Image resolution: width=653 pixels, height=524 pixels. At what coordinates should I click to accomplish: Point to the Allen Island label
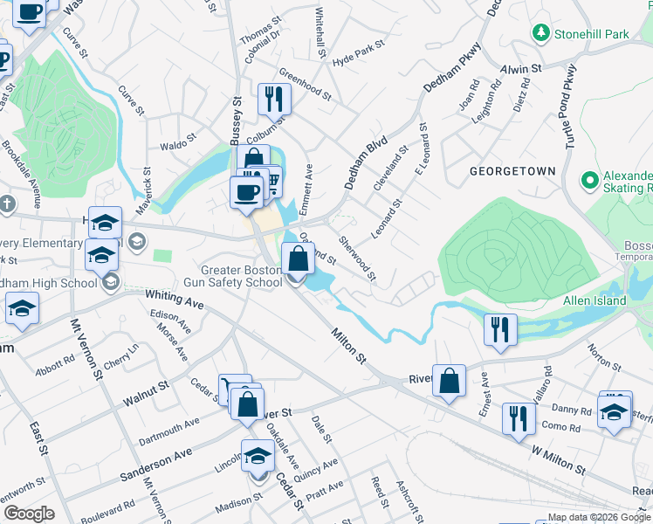594,300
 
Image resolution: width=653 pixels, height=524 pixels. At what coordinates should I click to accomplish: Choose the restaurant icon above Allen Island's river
500,329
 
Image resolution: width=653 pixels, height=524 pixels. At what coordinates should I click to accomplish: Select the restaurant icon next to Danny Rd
518,417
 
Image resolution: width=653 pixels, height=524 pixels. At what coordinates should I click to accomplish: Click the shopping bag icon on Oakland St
298,259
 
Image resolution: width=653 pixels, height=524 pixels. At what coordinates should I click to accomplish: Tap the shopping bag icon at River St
449,381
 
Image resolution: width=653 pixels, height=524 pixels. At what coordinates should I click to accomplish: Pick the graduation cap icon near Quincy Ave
258,456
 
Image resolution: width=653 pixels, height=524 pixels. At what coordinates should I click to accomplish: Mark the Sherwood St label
358,259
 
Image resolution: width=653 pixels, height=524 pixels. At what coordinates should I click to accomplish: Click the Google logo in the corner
29,514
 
